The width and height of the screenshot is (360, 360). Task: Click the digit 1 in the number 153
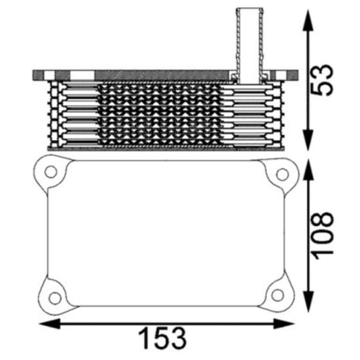(145, 338)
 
